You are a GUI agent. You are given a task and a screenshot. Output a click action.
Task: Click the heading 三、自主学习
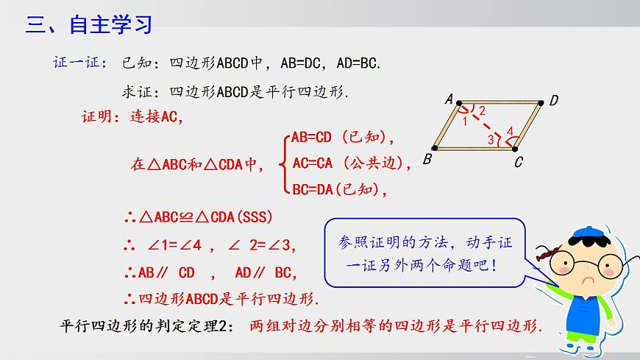89,25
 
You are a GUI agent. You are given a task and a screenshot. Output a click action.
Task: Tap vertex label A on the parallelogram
448,98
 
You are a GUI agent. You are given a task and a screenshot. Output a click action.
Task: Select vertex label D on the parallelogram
554,101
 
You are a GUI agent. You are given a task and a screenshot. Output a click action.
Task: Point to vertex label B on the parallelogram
427,158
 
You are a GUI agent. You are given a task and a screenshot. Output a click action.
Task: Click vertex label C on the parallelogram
518,162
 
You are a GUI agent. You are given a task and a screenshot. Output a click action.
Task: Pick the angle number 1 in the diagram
464,121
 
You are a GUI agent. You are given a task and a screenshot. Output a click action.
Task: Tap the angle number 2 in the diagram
482,111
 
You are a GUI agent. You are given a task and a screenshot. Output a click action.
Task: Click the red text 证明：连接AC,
132,116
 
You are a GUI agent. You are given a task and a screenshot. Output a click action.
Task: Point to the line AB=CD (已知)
343,137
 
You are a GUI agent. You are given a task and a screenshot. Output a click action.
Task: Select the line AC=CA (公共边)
351,163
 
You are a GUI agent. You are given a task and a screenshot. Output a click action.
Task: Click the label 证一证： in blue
80,63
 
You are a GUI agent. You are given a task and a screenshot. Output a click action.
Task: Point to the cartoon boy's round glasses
589,264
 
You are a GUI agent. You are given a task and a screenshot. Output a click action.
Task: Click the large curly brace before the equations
283,163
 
